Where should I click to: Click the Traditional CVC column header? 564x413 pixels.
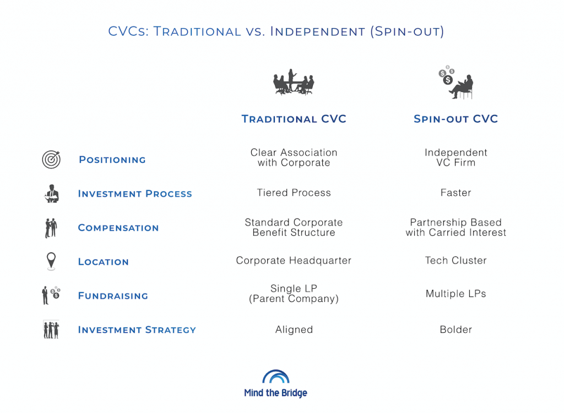(294, 119)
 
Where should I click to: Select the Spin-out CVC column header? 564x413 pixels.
(455, 119)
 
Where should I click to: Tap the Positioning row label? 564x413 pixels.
(112, 160)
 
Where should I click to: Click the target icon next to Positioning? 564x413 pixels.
(51, 159)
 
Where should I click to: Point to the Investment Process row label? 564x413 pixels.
(135, 194)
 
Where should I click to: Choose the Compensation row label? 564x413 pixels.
(118, 228)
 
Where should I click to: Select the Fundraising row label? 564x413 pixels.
(113, 296)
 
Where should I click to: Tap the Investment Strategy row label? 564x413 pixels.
(137, 330)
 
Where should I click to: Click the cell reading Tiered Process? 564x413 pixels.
(294, 193)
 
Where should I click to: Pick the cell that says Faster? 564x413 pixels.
(455, 193)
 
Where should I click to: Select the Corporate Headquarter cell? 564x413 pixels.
(294, 261)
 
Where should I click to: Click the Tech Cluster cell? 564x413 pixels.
(455, 261)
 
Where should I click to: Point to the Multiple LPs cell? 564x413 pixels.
(455, 294)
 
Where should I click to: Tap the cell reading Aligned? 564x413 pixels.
(294, 330)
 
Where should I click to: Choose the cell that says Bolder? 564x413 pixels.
(455, 330)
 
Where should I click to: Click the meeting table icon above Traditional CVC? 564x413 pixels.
(294, 82)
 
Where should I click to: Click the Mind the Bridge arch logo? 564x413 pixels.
(275, 377)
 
